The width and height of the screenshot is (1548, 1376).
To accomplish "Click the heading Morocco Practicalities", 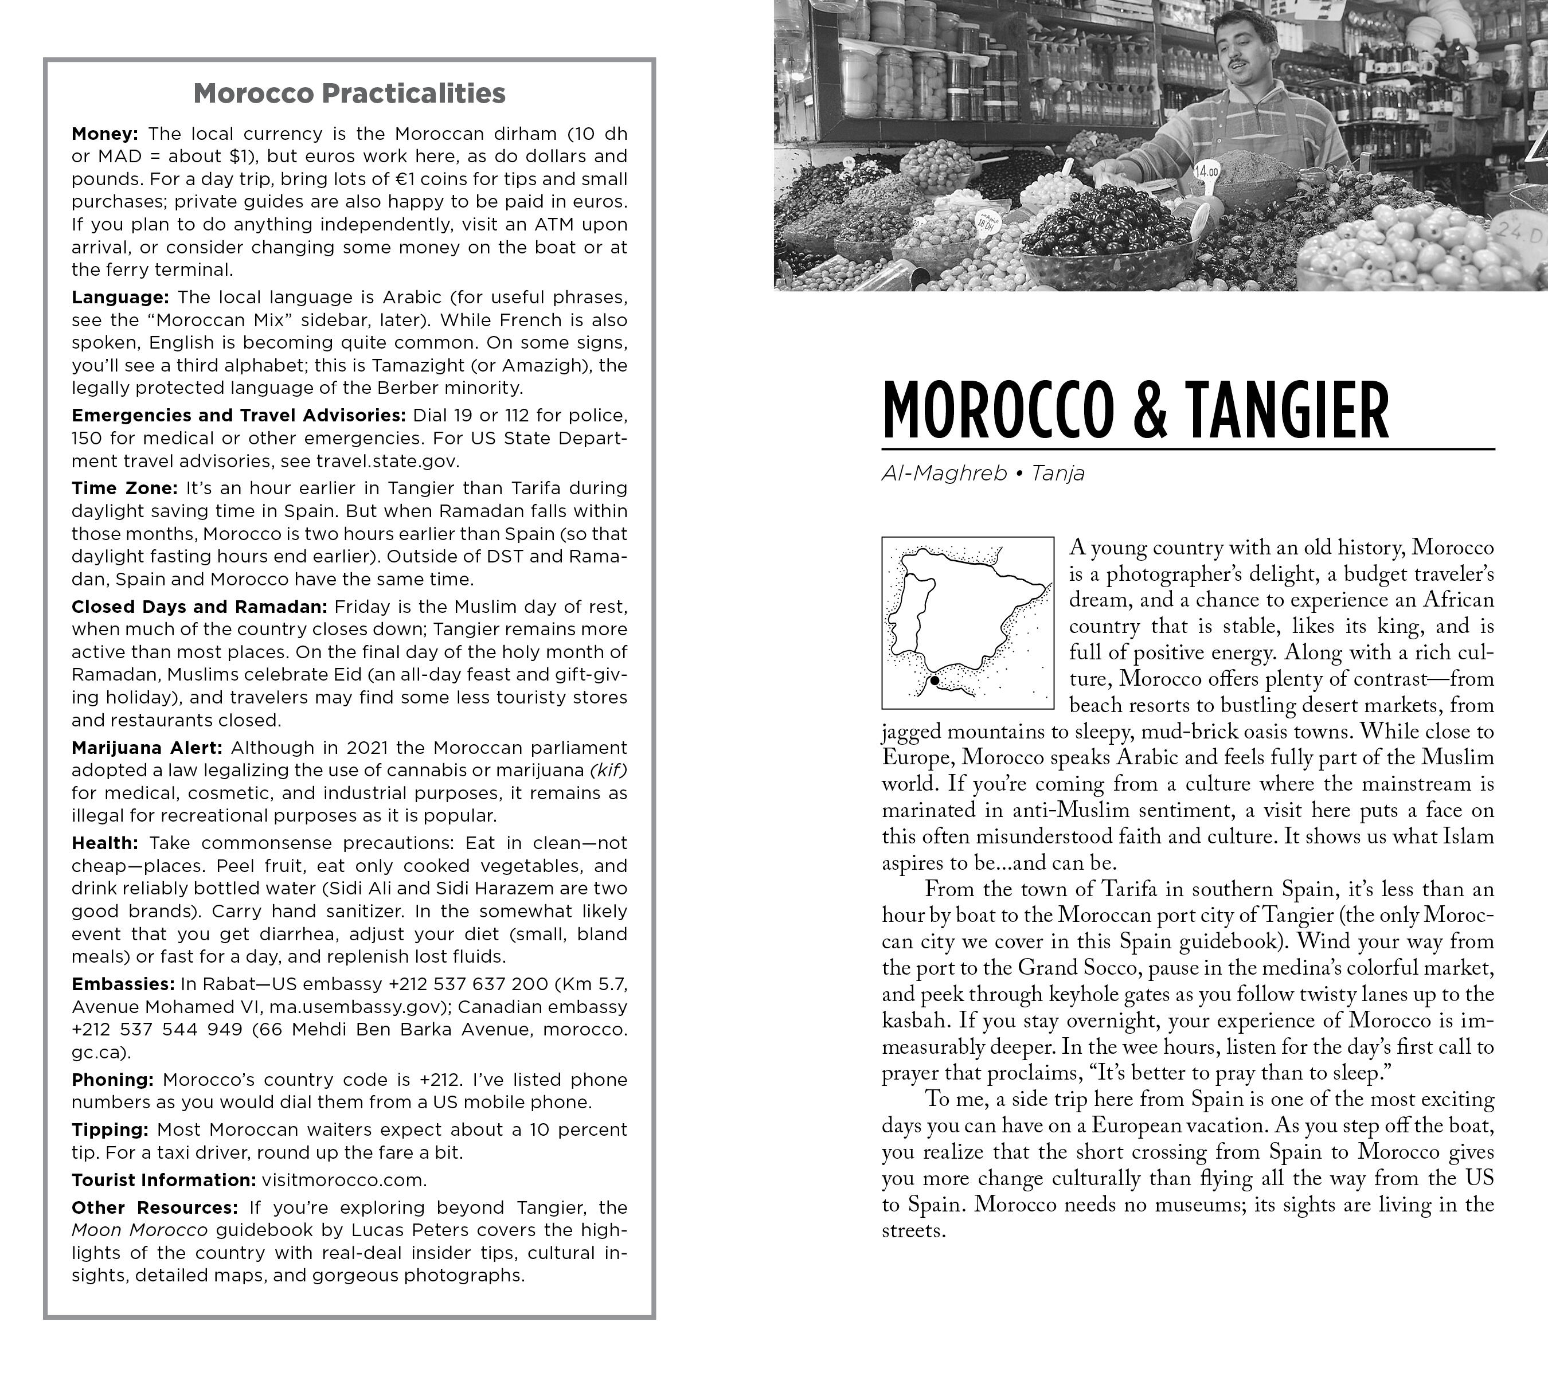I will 349,93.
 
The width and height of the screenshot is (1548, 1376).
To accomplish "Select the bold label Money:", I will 104,134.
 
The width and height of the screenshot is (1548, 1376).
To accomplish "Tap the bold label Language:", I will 120,298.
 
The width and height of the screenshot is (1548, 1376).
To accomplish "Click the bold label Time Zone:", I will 124,488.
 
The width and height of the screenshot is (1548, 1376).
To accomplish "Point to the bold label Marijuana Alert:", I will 147,748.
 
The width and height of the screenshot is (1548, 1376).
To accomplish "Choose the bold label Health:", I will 104,843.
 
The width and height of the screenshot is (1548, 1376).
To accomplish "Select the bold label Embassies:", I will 123,984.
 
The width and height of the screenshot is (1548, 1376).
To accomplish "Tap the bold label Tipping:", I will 110,1130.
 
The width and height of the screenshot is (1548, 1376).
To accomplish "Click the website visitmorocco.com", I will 344,1180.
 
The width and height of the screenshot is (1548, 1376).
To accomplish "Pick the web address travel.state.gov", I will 387,461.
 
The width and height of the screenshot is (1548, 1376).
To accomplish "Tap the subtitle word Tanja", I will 1058,474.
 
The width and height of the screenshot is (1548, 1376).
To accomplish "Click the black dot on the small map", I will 935,681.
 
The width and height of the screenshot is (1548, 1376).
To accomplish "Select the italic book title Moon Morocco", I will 139,1230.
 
